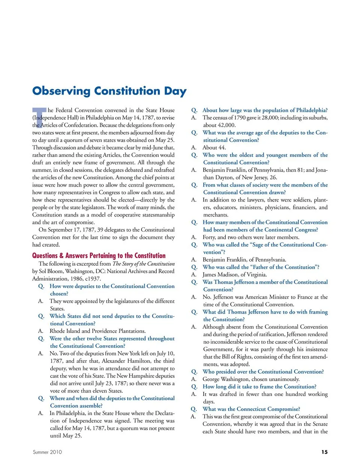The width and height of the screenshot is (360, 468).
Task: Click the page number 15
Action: (324, 452)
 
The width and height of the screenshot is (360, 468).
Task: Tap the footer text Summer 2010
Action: (47, 452)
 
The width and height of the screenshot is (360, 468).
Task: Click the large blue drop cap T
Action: (39, 116)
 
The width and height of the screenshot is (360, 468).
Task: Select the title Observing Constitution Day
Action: (109, 91)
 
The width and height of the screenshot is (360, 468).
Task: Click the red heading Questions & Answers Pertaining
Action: (99, 256)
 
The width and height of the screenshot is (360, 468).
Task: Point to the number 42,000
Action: (225, 125)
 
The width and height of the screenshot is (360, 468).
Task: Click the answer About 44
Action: (214, 147)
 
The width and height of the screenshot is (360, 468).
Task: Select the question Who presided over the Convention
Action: (263, 372)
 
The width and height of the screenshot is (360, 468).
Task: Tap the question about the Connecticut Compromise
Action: (251, 409)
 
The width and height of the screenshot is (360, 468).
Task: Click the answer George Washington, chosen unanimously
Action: (251, 379)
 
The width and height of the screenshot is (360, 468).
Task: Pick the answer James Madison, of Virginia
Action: (235, 274)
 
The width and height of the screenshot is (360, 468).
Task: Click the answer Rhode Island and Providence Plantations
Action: (97, 331)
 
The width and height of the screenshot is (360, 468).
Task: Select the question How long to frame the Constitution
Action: (259, 387)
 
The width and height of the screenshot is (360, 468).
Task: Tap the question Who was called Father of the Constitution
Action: (261, 267)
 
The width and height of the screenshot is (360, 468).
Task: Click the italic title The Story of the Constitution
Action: (144, 264)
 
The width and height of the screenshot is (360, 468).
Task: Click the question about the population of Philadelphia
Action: (265, 110)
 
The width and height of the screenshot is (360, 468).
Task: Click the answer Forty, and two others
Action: (250, 237)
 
